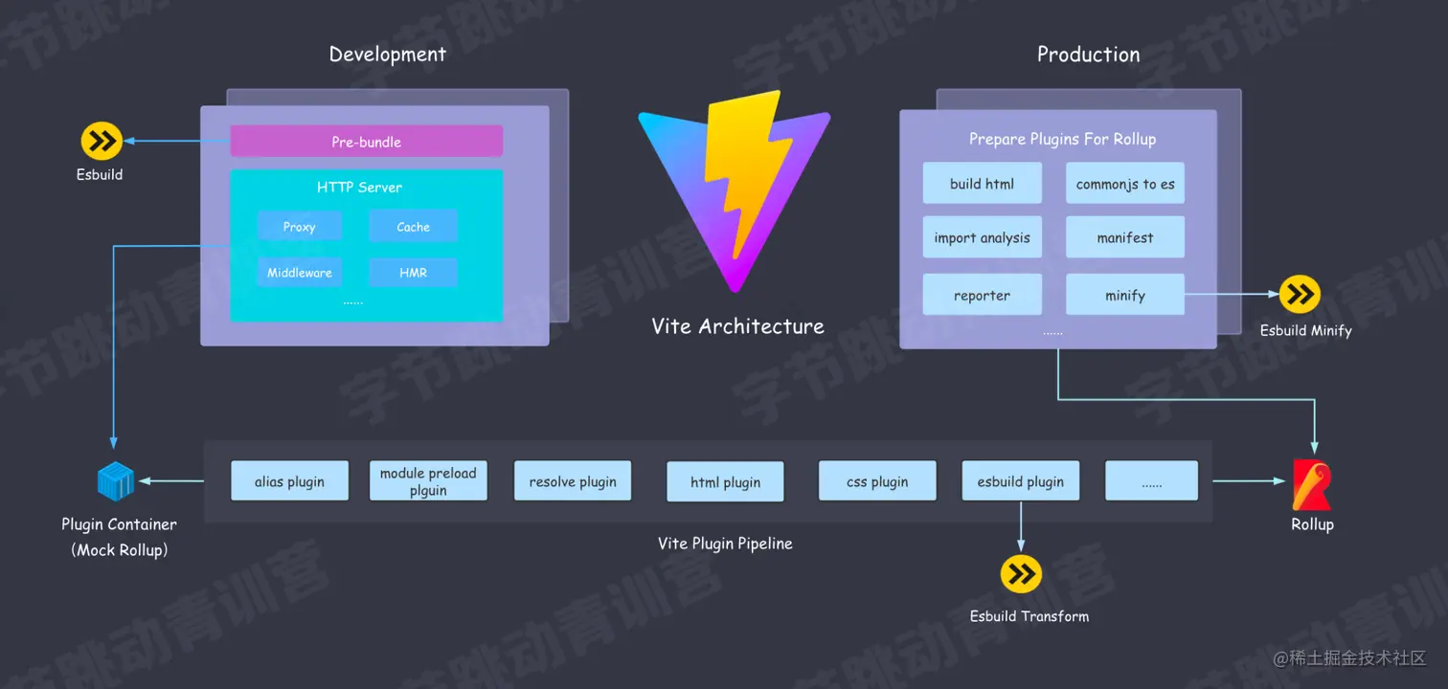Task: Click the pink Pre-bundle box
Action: coord(366,142)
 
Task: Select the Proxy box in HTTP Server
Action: coord(299,227)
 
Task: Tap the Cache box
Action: coord(413,227)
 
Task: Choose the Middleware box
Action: coord(299,273)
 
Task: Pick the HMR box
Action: coord(413,273)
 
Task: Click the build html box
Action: coord(982,184)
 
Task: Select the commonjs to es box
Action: coord(1124,184)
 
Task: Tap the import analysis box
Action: coord(982,237)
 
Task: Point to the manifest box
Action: coord(1124,237)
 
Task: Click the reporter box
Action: coord(982,295)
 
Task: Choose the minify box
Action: coord(1124,295)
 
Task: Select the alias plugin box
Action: coord(289,481)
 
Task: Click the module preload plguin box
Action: coord(428,481)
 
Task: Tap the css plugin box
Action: coord(876,481)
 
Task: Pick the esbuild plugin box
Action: coord(1020,481)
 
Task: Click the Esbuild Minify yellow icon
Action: coord(1300,295)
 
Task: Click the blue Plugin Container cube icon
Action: coord(116,480)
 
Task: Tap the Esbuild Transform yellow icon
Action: coord(1021,574)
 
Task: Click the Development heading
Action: coord(387,55)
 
